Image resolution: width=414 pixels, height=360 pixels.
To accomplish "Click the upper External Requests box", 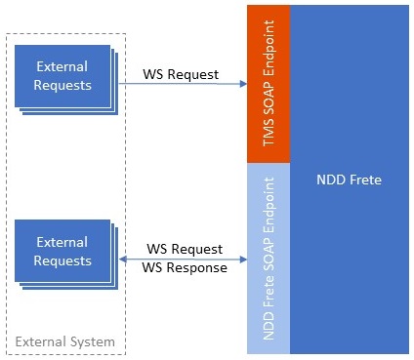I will coord(62,75).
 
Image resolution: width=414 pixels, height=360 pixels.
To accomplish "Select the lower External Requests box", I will coord(62,251).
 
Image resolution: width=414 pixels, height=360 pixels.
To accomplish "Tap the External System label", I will coord(64,341).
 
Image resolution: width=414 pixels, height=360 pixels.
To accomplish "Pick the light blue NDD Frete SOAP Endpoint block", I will coord(270,258).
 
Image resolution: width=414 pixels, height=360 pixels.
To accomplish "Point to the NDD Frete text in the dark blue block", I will coord(350,180).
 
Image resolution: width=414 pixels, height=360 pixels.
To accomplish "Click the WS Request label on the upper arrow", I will coord(181,74).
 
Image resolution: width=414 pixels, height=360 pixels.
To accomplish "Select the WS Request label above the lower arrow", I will coord(185,250).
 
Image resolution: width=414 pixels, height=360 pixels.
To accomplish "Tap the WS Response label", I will coord(185,267).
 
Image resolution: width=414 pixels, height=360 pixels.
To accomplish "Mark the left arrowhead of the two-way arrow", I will coord(120,260).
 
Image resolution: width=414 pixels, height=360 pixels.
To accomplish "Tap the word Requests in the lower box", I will coord(62,260).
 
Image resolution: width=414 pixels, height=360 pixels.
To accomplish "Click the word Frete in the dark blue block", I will coord(364,180).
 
